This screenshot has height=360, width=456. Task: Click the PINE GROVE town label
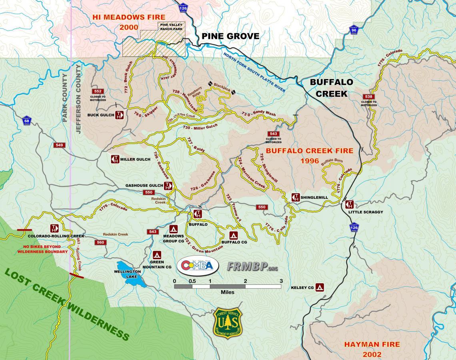230,36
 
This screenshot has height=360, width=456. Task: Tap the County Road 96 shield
354,30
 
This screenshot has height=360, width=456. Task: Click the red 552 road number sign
98,91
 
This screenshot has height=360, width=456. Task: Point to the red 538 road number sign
368,96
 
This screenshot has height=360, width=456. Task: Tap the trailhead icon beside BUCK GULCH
120,115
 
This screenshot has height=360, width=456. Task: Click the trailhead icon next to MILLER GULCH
115,159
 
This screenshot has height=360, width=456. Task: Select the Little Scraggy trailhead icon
350,204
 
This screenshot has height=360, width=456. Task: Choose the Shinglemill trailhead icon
296,197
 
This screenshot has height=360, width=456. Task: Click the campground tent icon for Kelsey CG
319,287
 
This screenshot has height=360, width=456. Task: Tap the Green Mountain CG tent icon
157,255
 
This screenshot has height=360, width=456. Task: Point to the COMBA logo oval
198,266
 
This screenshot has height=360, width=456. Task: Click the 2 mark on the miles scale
245,281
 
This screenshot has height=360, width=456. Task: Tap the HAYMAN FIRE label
372,344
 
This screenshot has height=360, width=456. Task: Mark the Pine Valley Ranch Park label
171,26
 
